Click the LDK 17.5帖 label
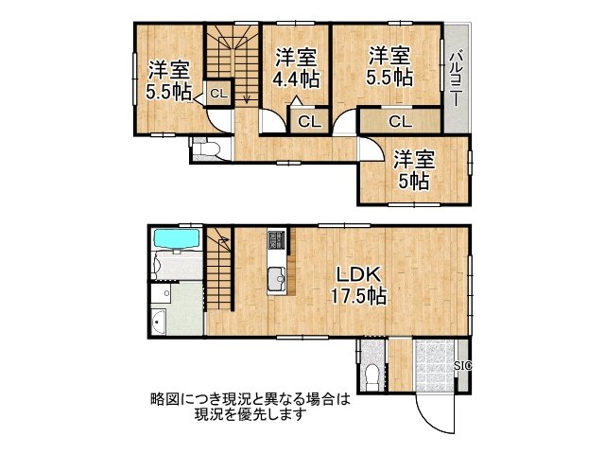point(356,285)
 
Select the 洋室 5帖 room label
point(414,168)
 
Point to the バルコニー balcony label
point(456,79)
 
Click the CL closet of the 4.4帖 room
point(308,121)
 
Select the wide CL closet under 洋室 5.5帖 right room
point(400,121)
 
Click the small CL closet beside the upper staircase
point(217,93)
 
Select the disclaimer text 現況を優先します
point(250,414)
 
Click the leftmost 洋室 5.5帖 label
point(168,79)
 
